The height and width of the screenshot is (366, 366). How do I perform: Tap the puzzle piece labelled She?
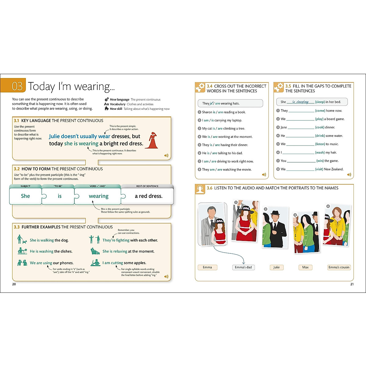click(x=25, y=196)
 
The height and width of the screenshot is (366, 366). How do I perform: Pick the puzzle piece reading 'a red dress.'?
click(x=148, y=196)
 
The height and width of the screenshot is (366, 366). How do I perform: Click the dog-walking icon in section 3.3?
click(x=22, y=239)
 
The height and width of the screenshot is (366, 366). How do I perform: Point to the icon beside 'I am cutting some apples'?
click(x=95, y=263)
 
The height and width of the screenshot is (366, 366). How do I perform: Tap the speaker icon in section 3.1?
click(x=166, y=156)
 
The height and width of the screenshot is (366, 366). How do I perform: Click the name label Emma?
click(x=207, y=267)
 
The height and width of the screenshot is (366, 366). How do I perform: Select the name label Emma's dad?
click(x=243, y=267)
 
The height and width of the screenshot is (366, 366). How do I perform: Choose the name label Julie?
click(x=276, y=267)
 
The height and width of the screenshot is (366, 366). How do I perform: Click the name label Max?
click(x=305, y=267)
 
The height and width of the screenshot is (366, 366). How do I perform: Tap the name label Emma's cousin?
click(x=339, y=267)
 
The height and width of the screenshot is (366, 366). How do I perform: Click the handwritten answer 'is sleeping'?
click(x=300, y=102)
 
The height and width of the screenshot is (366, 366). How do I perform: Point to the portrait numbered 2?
click(x=275, y=227)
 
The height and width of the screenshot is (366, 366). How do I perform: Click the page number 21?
click(x=352, y=284)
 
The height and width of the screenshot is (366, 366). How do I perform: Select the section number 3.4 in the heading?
click(x=210, y=86)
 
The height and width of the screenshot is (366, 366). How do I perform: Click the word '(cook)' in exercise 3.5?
click(x=320, y=127)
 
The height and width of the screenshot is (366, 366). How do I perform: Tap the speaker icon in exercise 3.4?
click(x=264, y=175)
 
